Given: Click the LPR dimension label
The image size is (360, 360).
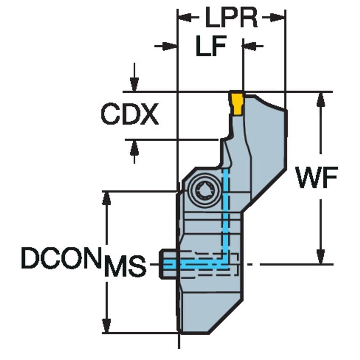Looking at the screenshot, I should [231, 18].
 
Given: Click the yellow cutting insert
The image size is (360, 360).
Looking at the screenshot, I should [237, 103].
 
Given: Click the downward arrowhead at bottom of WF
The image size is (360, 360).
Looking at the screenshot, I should [321, 257].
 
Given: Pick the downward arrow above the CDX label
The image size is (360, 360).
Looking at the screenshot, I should [134, 84].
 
